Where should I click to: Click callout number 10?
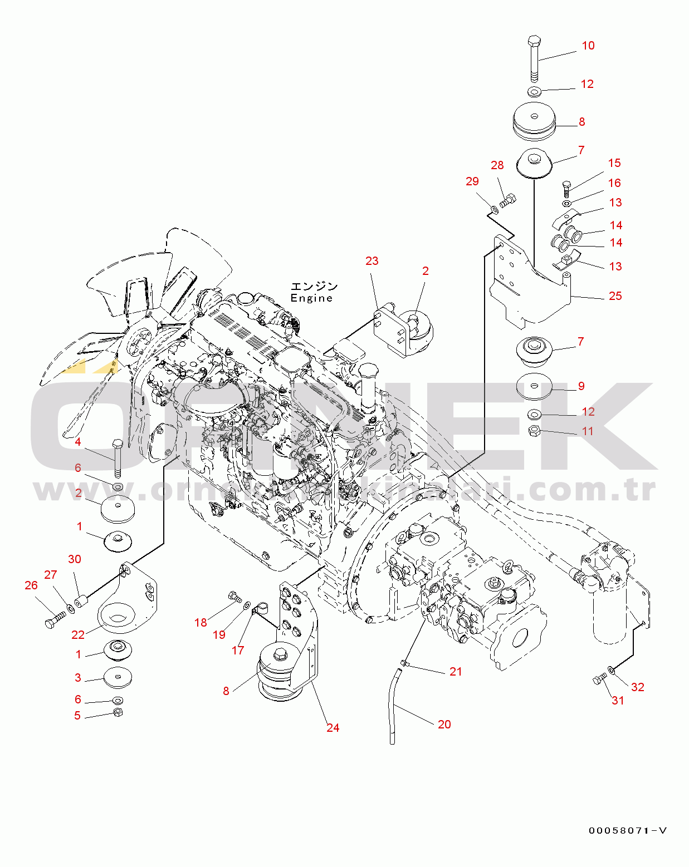[x=588, y=46]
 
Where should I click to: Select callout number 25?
[x=615, y=296]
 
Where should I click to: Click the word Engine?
[x=311, y=298]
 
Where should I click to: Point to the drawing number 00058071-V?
[x=628, y=831]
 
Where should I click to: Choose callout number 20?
[x=444, y=725]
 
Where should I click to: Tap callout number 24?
[x=333, y=728]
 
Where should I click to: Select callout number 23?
[x=372, y=261]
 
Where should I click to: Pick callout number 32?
[x=637, y=687]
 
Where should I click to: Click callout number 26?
[x=31, y=585]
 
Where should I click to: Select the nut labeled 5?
[x=118, y=713]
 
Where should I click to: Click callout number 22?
[x=78, y=635]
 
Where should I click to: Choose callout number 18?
[x=201, y=623]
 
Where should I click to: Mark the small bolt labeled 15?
[x=567, y=187]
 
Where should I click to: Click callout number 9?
[x=581, y=386]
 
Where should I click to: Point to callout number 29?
[x=472, y=181]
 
